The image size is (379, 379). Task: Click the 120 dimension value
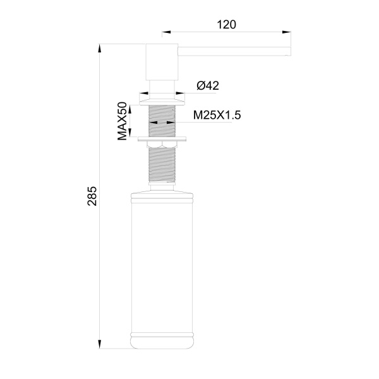tap(226, 25)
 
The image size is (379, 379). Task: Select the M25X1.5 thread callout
tap(218, 115)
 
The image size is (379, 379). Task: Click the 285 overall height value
tap(92, 196)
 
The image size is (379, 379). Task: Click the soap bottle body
tap(161, 265)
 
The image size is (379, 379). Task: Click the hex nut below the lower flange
tap(162, 147)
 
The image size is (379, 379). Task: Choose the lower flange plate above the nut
tap(162, 138)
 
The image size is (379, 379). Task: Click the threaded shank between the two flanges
tap(162, 120)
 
